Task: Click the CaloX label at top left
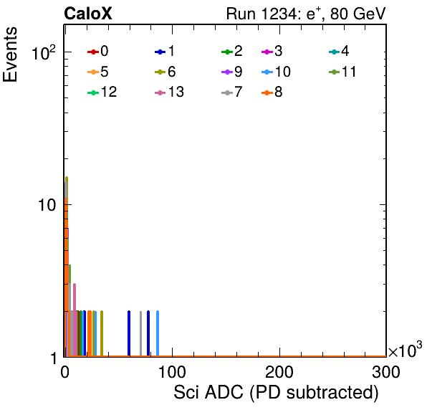(x=88, y=14)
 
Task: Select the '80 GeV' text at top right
(x=358, y=14)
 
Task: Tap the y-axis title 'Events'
(x=10, y=54)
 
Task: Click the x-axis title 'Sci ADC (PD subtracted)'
(x=276, y=393)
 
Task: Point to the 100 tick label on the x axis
(x=172, y=372)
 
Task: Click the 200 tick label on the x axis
(x=279, y=372)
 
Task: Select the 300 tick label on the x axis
(x=386, y=372)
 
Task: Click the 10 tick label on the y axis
(x=47, y=205)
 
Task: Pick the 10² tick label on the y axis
(x=44, y=52)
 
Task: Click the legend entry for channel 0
(x=98, y=51)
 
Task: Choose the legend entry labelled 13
(x=169, y=92)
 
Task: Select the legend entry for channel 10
(x=276, y=72)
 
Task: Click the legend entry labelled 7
(x=232, y=92)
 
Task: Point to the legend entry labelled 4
(x=339, y=51)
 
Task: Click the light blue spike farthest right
(x=158, y=333)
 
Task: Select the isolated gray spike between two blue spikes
(x=141, y=333)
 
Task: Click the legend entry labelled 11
(x=342, y=72)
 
